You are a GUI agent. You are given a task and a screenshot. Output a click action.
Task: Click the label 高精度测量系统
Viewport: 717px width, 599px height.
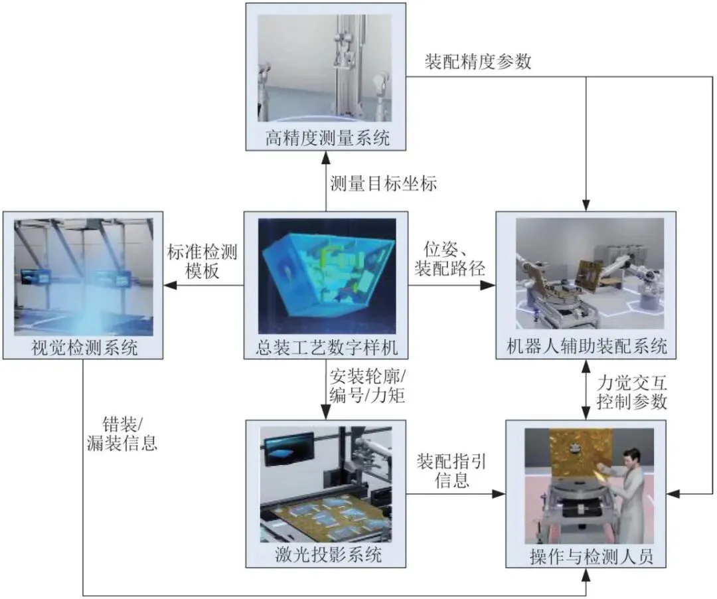point(326,139)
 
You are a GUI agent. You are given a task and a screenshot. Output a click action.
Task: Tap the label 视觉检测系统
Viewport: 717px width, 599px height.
point(84,347)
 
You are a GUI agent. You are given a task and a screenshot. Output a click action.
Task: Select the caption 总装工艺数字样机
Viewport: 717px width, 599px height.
point(326,347)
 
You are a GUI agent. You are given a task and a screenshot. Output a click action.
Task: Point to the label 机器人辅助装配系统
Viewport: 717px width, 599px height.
point(586,347)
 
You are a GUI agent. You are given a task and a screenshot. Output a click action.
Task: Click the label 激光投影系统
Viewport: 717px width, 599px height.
point(326,555)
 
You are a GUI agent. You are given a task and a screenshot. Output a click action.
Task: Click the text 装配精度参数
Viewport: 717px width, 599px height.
point(478,62)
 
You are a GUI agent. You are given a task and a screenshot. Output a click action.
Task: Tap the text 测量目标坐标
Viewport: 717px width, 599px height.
point(384,183)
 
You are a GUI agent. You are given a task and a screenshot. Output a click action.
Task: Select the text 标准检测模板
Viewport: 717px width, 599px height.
point(203,261)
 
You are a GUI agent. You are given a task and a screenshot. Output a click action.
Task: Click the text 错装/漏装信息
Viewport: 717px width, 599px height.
point(121,434)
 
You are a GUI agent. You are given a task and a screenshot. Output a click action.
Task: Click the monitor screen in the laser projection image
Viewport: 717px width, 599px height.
point(288,448)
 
